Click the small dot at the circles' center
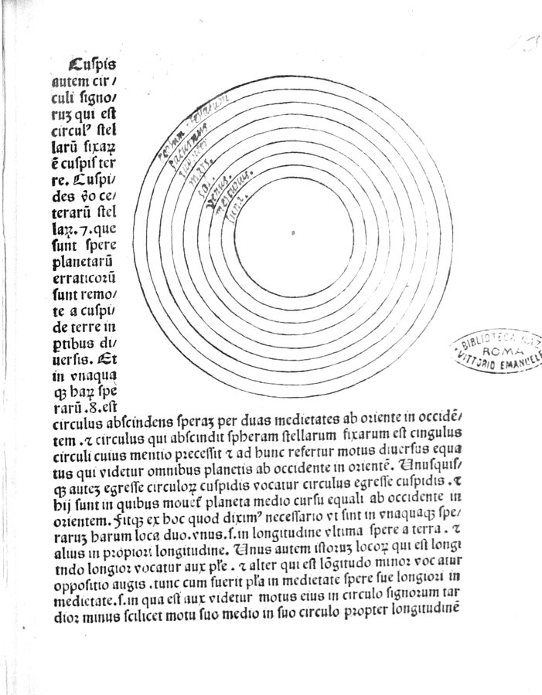[x=293, y=230]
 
